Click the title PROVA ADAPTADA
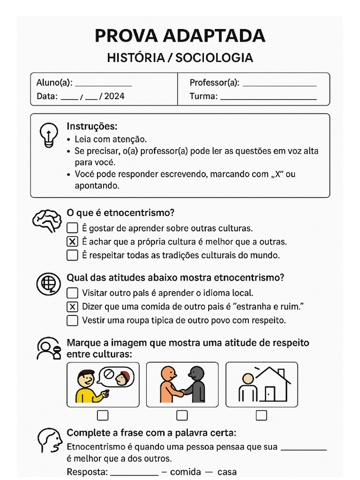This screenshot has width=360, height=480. coord(180,36)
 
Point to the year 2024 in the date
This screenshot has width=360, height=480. coord(114,97)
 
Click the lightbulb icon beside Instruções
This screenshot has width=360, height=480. coord(48,135)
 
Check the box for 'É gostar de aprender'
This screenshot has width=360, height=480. coord(72,228)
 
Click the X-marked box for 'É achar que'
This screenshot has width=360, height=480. coord(72,242)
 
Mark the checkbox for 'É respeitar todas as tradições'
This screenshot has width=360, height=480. coord(72,255)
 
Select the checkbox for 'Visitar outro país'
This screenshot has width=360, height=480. coord(72,293)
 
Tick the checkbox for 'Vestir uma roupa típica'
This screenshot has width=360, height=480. coord(72,321)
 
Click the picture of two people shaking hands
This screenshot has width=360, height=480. coord(182,384)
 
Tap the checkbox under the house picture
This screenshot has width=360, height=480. coord(262,415)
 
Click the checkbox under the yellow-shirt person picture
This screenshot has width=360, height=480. coord(102,415)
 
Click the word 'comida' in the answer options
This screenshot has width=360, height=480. coord(185,472)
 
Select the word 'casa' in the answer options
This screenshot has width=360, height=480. coord(226,472)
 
